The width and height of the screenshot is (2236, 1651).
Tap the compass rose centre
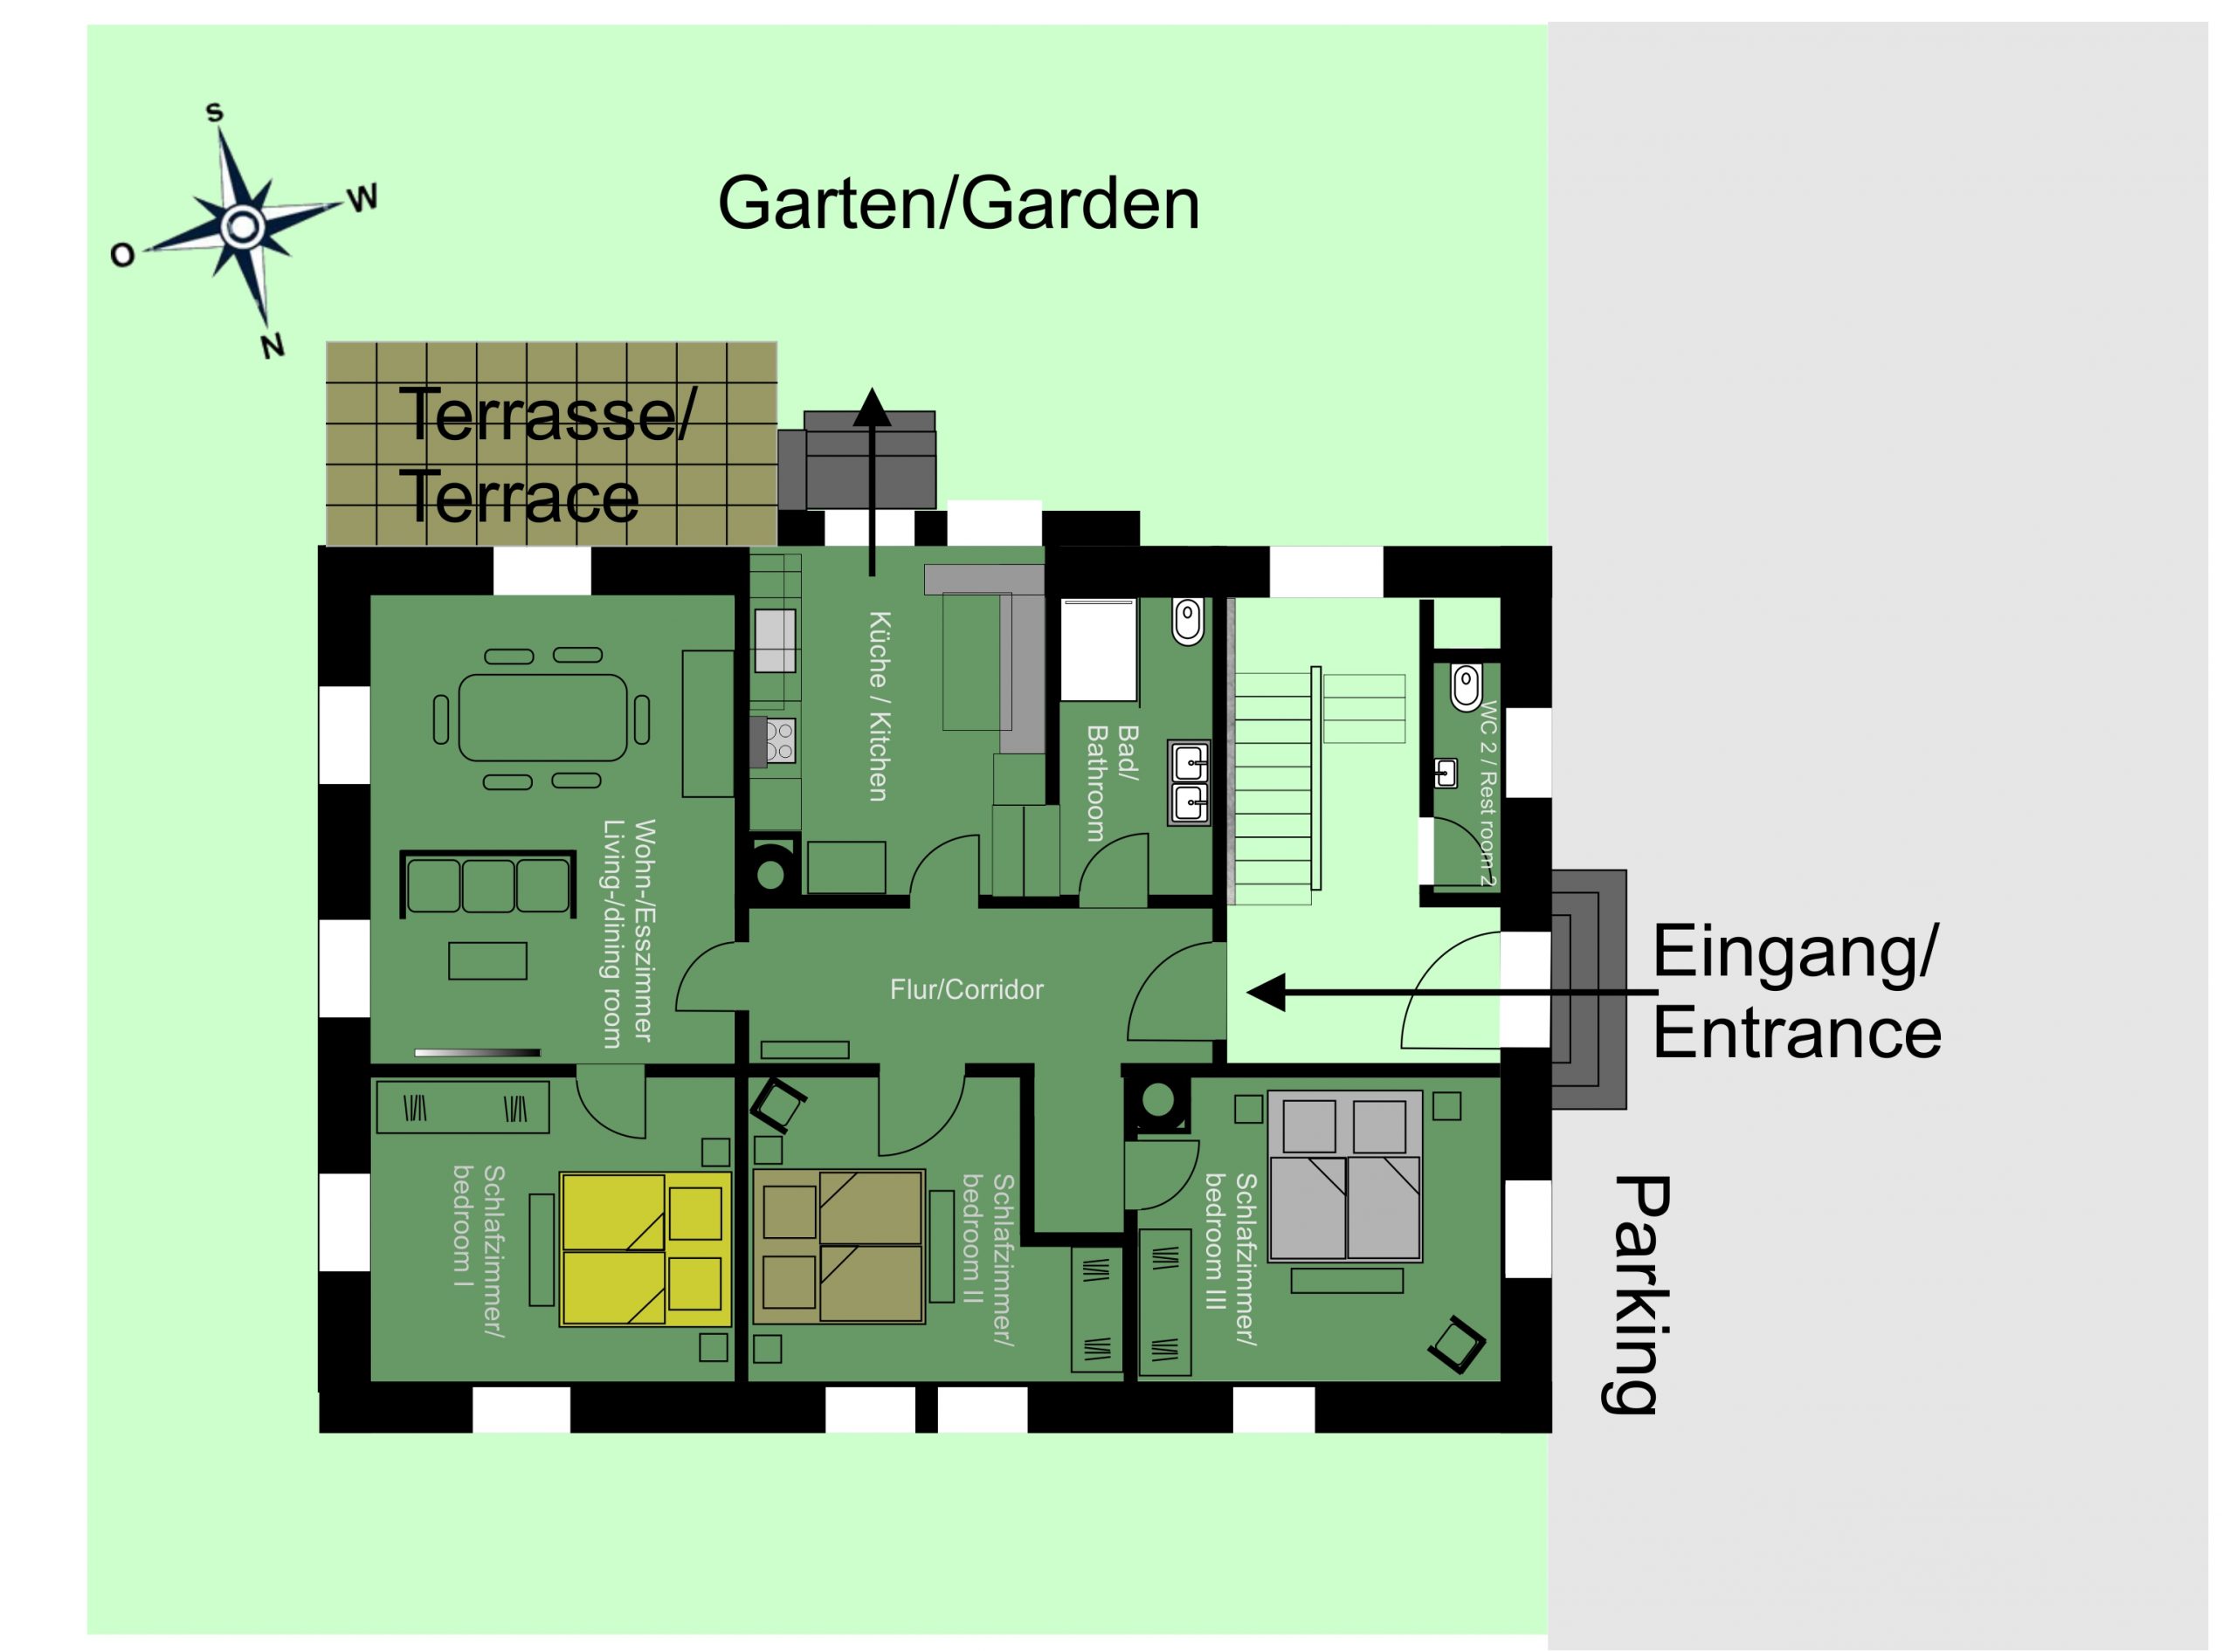click(241, 227)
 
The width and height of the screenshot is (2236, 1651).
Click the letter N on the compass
click(272, 346)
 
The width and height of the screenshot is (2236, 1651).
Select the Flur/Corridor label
click(967, 989)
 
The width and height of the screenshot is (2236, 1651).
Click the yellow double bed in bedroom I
click(645, 1249)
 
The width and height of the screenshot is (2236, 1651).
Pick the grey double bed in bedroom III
click(1344, 1175)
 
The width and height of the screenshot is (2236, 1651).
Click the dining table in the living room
click(542, 718)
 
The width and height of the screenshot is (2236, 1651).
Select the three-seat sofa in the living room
click(487, 884)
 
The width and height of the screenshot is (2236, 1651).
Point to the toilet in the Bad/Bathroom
click(1188, 622)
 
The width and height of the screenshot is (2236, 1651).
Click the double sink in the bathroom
click(1189, 783)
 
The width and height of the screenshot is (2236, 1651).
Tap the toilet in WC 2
click(1466, 685)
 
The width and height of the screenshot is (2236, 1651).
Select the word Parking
click(1639, 1294)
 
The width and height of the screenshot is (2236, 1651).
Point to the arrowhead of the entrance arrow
click(1266, 994)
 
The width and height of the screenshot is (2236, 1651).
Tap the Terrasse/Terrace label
click(548, 455)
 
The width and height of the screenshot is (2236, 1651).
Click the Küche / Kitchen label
click(879, 706)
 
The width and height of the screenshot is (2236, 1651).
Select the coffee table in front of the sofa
click(487, 960)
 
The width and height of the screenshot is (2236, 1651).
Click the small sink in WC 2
click(1446, 774)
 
